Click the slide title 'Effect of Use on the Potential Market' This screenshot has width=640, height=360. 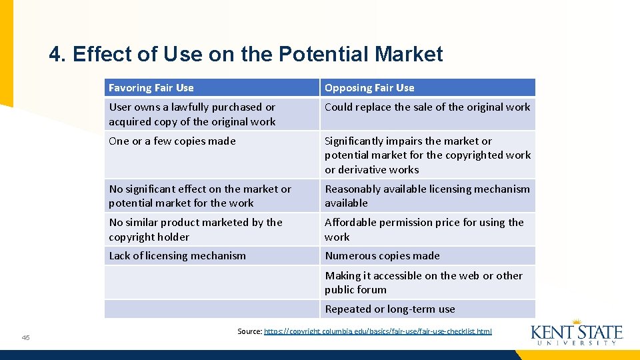click(x=257, y=54)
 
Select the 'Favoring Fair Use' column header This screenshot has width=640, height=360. click(x=151, y=88)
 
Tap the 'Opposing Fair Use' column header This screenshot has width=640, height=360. click(x=369, y=88)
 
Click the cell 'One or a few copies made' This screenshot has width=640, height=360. click(x=172, y=141)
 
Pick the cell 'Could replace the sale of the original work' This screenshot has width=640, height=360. click(x=427, y=107)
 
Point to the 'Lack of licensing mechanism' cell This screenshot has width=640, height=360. click(x=177, y=255)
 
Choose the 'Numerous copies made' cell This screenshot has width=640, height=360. click(x=382, y=255)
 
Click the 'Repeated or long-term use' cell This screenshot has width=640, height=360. click(x=390, y=309)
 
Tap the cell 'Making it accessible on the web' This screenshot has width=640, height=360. click(x=423, y=282)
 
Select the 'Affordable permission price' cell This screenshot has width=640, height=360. click(x=424, y=229)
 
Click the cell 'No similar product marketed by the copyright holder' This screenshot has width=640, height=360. click(x=195, y=229)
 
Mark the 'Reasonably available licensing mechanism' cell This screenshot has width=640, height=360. click(x=427, y=195)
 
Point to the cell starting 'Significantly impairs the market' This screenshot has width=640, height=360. click(x=427, y=155)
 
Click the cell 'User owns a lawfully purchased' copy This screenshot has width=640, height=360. click(x=192, y=114)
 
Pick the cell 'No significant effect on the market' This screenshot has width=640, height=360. click(x=200, y=195)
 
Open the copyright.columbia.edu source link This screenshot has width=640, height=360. click(x=378, y=331)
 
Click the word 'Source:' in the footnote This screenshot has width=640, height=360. click(x=249, y=331)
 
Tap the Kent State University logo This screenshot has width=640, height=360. click(x=577, y=333)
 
